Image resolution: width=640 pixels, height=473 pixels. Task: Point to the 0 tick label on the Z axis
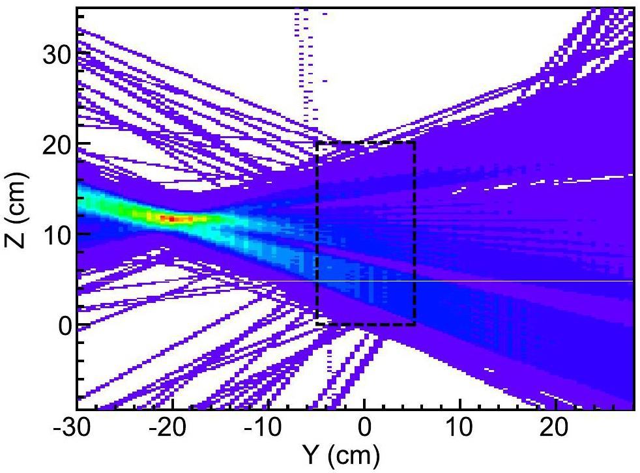click(63, 325)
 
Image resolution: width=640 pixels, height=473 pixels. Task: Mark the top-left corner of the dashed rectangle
click(317, 142)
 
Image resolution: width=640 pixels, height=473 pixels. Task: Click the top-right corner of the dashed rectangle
click(415, 142)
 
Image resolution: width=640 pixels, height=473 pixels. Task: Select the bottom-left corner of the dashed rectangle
click(317, 324)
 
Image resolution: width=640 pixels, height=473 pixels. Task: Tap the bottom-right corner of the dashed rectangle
click(415, 324)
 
